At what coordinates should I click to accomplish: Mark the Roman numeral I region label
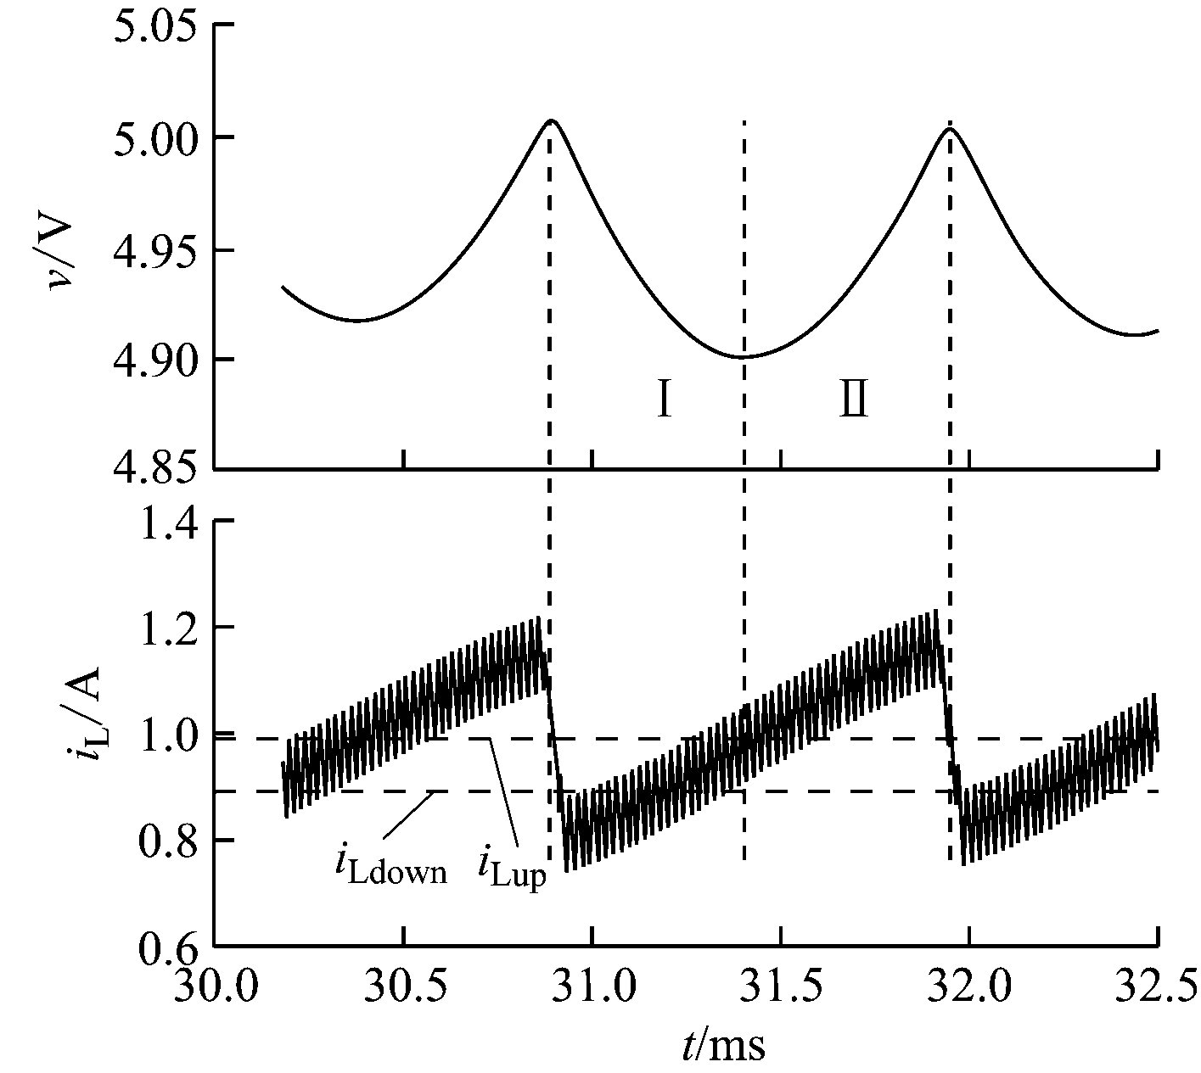tap(665, 400)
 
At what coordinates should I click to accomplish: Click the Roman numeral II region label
tap(853, 400)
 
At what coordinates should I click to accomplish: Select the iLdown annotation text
tap(390, 867)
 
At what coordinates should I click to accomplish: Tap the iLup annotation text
tap(512, 870)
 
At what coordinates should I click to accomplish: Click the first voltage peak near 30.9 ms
tap(552, 120)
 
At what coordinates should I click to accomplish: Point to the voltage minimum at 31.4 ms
tap(743, 357)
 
